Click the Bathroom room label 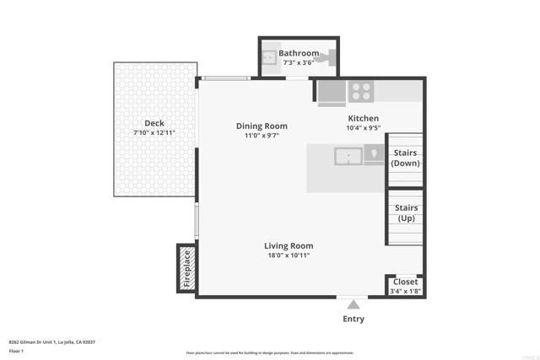[x=299, y=53]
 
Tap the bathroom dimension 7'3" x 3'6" [x=299, y=62]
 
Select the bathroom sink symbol [x=269, y=57]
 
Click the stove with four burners [x=362, y=90]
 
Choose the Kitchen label [x=363, y=118]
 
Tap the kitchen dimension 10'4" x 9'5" [x=363, y=128]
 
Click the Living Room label [x=289, y=245]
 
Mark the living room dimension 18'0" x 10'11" [x=289, y=255]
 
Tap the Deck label [x=154, y=123]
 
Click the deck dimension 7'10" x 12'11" [x=154, y=133]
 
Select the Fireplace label [x=186, y=268]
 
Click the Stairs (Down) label [x=406, y=158]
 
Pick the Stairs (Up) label [x=406, y=213]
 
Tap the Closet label [x=406, y=282]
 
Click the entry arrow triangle [x=354, y=304]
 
